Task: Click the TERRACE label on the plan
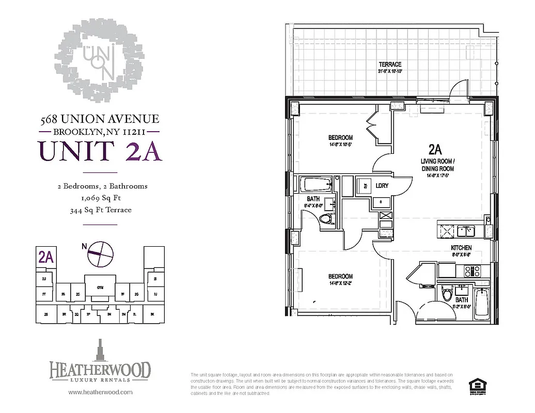(x=390, y=65)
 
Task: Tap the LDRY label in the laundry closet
(x=382, y=185)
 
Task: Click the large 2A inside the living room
(x=435, y=150)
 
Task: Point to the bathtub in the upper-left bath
(x=315, y=184)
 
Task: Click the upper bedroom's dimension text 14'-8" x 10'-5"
(x=340, y=145)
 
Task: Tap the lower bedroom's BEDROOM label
(x=340, y=276)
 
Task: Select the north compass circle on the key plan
(x=99, y=253)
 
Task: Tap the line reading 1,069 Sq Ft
(x=102, y=198)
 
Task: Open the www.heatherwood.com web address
(x=100, y=392)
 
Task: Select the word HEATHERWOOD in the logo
(x=100, y=370)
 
